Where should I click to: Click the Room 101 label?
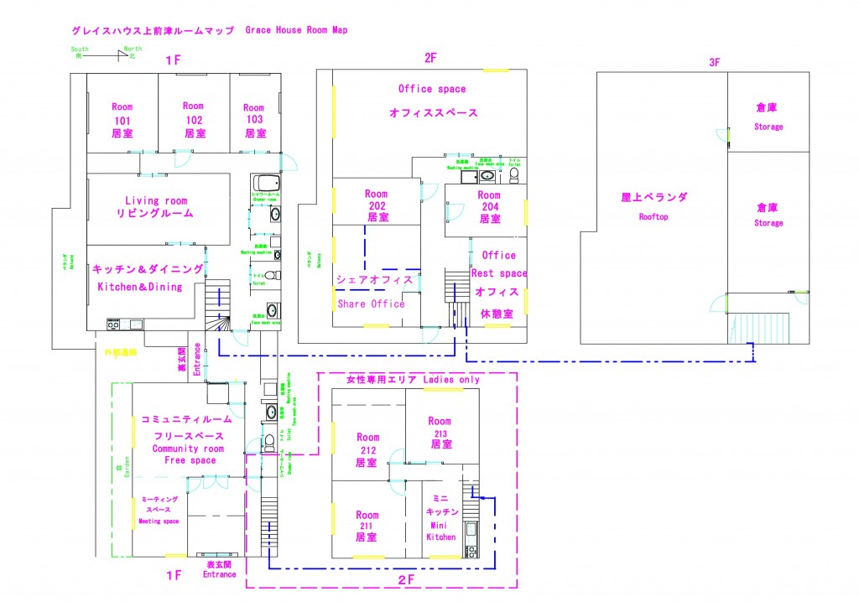tap(122, 120)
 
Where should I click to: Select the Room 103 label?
tap(253, 120)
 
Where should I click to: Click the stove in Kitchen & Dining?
tap(114, 324)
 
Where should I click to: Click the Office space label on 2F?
tap(431, 89)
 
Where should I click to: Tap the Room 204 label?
tap(489, 206)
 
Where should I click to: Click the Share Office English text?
tap(371, 303)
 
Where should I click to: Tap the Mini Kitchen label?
tap(441, 524)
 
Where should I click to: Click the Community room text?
tap(188, 449)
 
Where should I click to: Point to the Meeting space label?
tap(159, 521)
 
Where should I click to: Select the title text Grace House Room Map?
tap(296, 29)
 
